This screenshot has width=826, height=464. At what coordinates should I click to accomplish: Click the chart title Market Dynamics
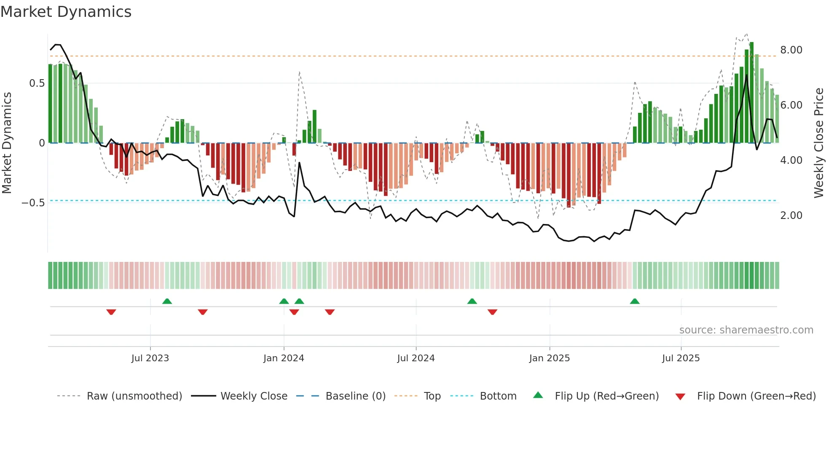[66, 12]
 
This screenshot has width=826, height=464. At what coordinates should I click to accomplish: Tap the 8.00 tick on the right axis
[791, 50]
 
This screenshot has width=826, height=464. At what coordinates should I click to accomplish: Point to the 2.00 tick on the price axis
[791, 216]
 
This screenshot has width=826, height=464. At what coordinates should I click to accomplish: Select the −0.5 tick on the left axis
[33, 203]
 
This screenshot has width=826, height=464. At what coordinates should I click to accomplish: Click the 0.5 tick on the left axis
[37, 83]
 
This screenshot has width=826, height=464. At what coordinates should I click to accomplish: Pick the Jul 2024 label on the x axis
[416, 358]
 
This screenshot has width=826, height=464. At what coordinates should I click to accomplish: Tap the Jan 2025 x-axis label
[549, 358]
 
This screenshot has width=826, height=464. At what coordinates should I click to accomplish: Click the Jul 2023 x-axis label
[150, 358]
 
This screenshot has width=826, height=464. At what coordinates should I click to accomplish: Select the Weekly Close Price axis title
[818, 143]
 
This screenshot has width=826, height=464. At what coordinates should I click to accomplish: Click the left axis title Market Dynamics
[7, 143]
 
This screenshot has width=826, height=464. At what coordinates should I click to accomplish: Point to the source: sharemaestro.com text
[746, 330]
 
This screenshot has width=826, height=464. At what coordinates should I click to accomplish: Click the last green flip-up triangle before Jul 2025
[634, 301]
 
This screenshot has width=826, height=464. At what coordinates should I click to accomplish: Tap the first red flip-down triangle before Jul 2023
[111, 312]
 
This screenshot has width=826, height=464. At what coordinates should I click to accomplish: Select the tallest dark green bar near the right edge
[751, 93]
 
